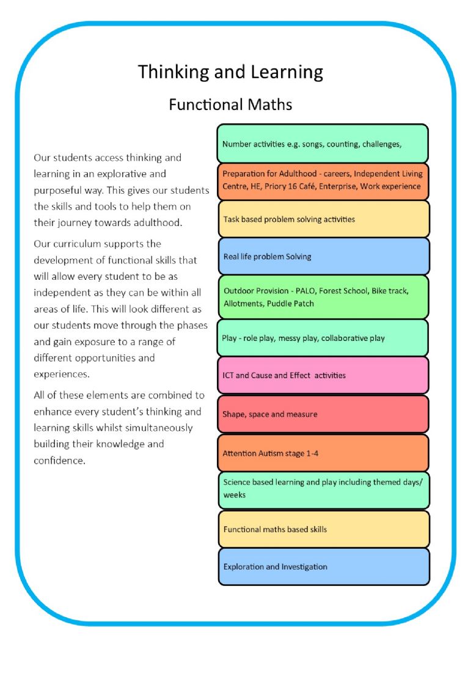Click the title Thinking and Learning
coord(230,72)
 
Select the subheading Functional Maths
coord(230,104)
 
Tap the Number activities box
coord(323,144)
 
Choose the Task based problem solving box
coord(324,219)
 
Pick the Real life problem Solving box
coord(324,257)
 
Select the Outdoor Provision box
coord(323,297)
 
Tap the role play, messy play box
coord(323,338)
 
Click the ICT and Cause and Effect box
coord(323,375)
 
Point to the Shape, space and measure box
coord(323,414)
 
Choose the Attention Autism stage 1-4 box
coord(323,453)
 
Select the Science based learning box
coord(324,491)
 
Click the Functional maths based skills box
coord(324,529)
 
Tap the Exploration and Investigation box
coord(324,566)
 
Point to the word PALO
coord(306,291)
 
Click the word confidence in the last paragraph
coord(59,460)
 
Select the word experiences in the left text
coord(62,375)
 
